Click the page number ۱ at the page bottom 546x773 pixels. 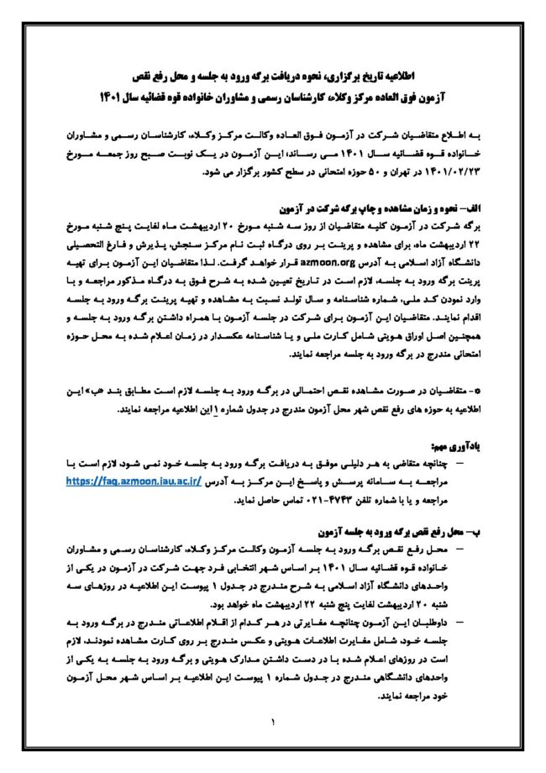[273, 721]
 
